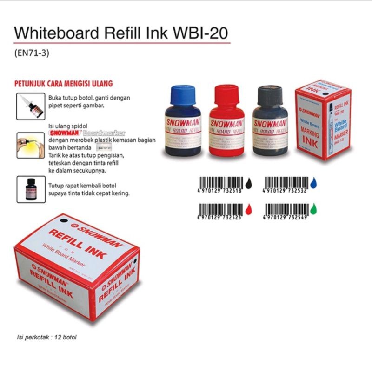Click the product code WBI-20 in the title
point(205,33)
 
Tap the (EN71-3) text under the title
point(32,53)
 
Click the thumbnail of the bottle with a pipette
point(31,106)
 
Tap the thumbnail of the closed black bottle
point(31,189)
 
